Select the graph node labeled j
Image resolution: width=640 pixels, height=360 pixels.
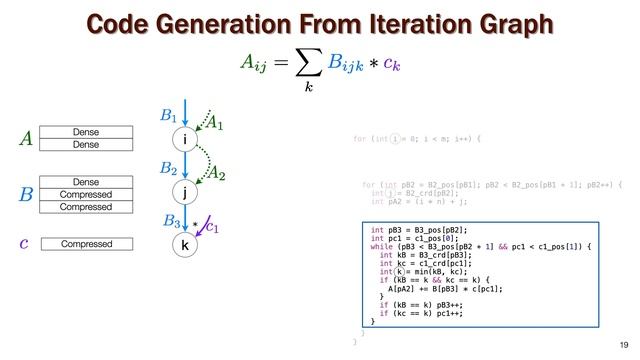click(183, 192)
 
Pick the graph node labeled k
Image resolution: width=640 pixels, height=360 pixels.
click(183, 245)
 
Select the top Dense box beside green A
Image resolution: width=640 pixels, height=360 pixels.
click(92, 132)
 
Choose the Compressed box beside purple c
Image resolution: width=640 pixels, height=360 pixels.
click(92, 244)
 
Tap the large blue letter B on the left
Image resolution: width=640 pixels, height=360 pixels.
click(27, 193)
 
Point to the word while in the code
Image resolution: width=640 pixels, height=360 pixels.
click(381, 246)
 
